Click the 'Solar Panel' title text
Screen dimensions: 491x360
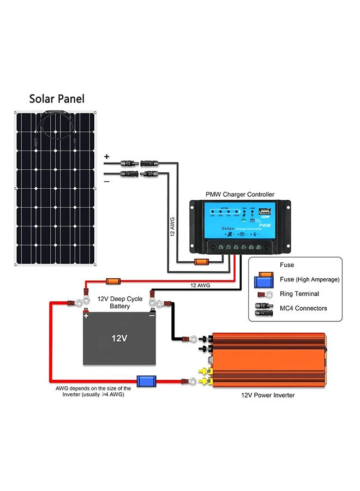[x=57, y=99]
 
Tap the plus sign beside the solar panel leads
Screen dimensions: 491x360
[x=106, y=157]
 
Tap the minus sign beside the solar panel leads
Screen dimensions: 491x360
[x=106, y=180]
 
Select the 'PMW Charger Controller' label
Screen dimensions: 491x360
[x=240, y=194]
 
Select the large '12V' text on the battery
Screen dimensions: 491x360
[x=119, y=338]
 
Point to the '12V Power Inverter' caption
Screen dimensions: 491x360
[x=268, y=395]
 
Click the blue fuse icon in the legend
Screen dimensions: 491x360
[x=264, y=281]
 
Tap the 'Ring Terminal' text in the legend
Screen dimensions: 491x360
[x=299, y=294]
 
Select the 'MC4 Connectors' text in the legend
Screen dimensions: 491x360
[x=303, y=308]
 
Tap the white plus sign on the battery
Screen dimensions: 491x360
[x=86, y=315]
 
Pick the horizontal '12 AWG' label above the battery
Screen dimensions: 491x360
[x=201, y=285]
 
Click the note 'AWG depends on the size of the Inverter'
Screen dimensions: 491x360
[x=93, y=391]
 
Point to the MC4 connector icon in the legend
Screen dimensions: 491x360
[x=264, y=308]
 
